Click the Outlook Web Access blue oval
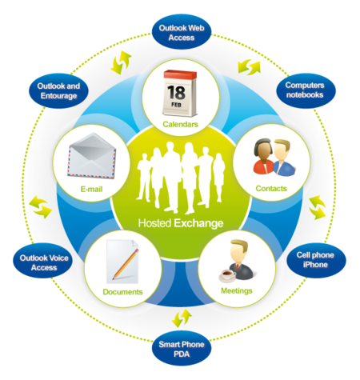(182, 33)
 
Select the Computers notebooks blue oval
(306, 90)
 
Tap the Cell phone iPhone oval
(316, 260)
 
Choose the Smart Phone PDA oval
(182, 349)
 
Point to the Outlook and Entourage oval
(58, 91)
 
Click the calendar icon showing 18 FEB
(180, 93)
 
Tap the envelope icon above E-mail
(92, 155)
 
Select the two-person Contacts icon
(274, 157)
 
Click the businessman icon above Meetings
(238, 260)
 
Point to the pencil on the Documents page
(126, 264)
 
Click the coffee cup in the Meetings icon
(227, 276)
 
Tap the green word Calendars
(180, 124)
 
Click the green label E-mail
(91, 189)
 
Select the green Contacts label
(271, 188)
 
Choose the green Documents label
(122, 292)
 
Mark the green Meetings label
(237, 290)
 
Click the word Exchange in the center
(198, 223)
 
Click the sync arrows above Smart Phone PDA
(182, 318)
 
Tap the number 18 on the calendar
(176, 92)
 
